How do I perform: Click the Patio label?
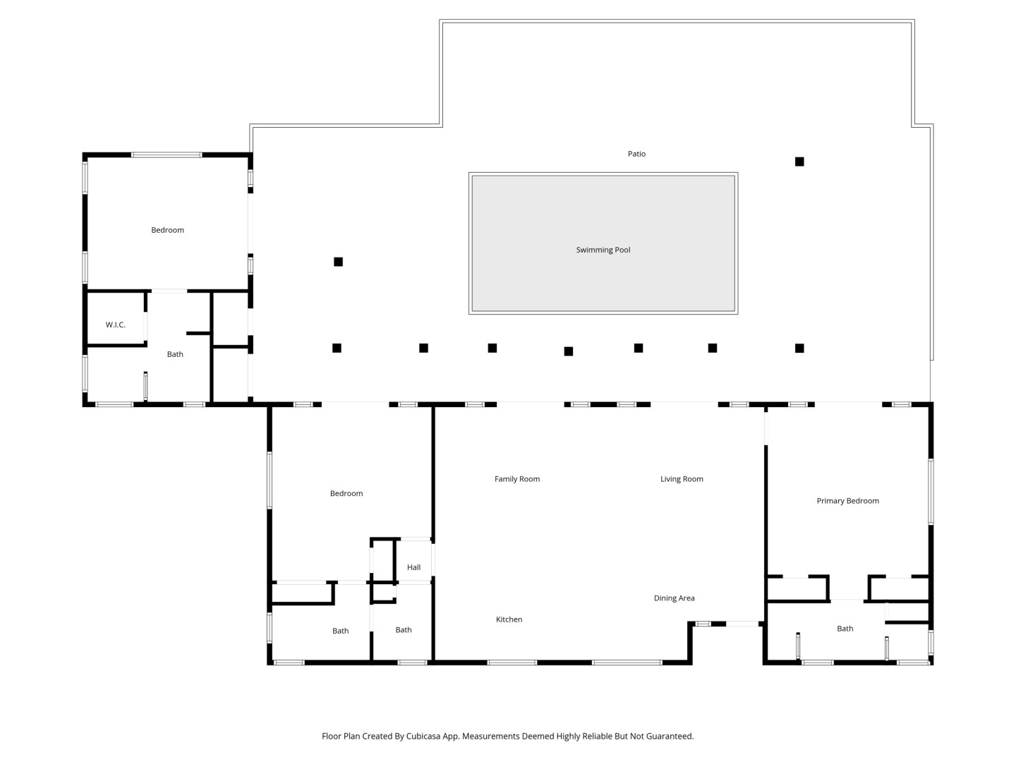coord(636,154)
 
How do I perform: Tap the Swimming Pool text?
coord(603,250)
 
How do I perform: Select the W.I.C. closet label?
coord(115,325)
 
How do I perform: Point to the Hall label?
coord(413,567)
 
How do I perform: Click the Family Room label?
coord(517,479)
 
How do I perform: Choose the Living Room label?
coord(682,479)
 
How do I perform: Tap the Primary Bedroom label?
coord(847,501)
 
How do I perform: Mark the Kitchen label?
coord(509,619)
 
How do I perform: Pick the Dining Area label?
coord(674,598)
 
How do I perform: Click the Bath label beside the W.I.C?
coord(175,354)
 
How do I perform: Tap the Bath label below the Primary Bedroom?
coord(845,629)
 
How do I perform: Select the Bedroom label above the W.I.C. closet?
coord(167,230)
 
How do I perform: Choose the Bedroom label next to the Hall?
coord(346,494)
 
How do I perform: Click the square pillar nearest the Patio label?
coord(799,162)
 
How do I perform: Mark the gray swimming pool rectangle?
coord(603,243)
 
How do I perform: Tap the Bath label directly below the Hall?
coord(403,629)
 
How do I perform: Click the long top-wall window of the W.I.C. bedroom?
coord(167,155)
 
